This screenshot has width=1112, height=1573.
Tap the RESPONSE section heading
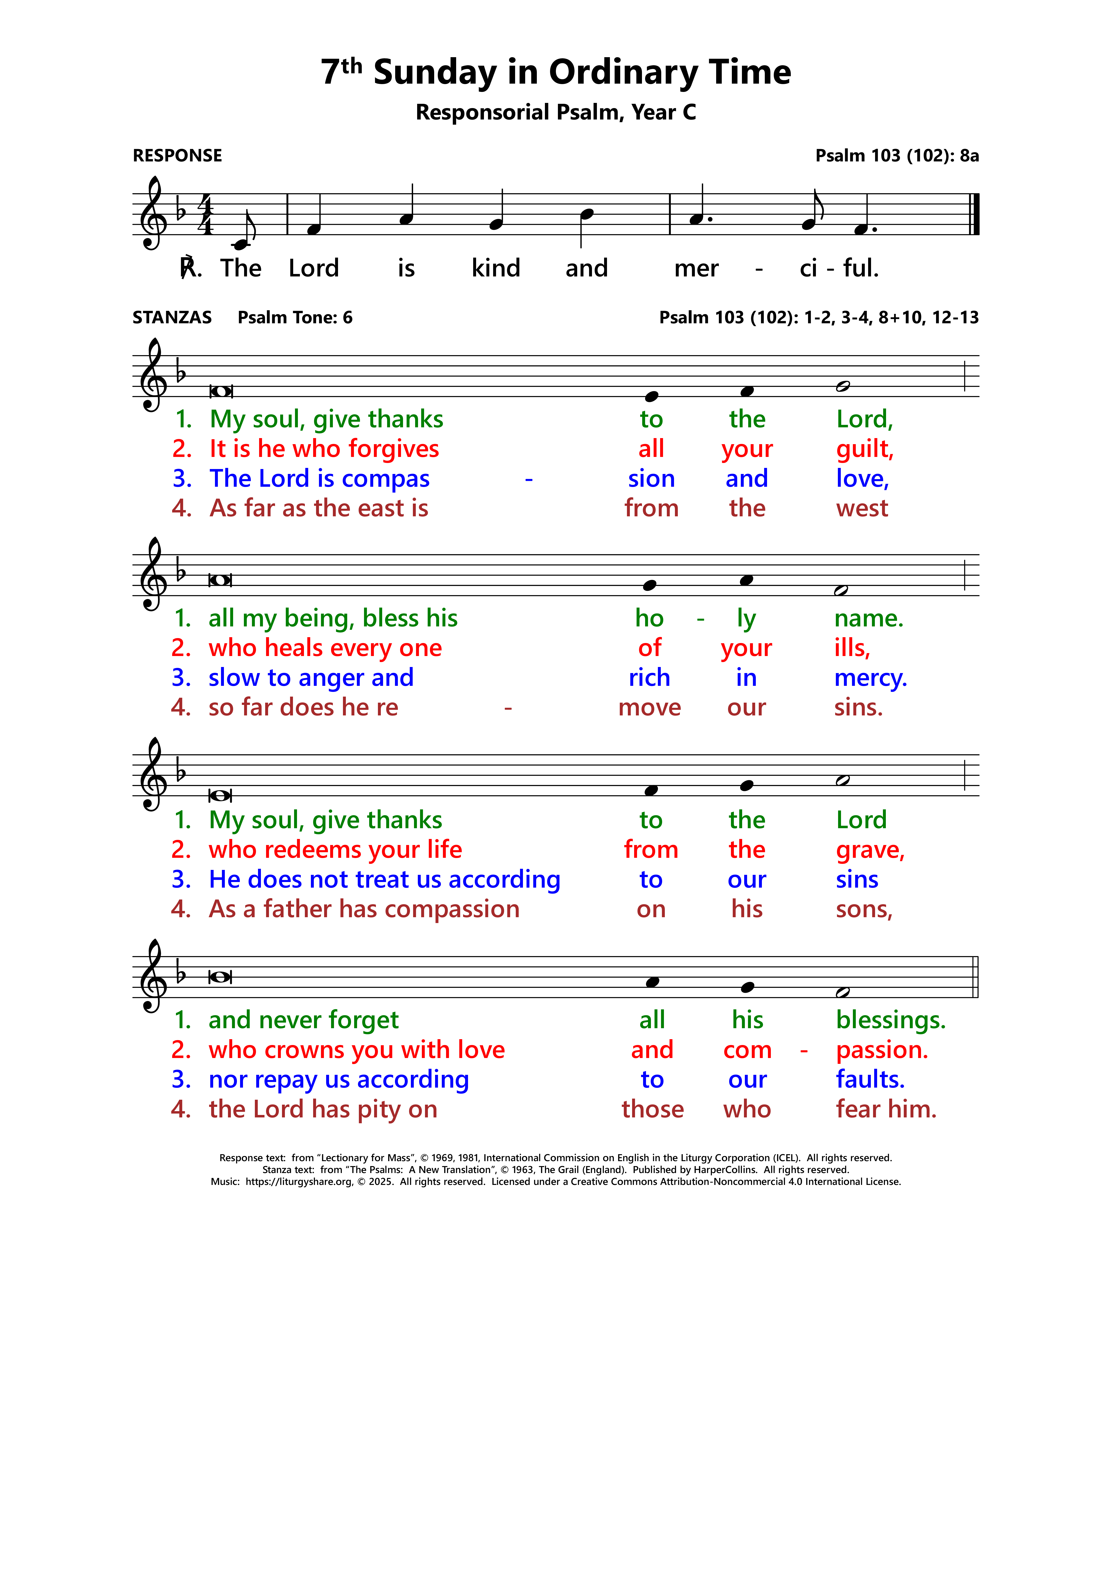178,156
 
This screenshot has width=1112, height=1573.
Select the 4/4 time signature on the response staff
206,214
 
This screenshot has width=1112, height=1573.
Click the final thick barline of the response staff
976,214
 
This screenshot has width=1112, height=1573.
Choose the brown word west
862,508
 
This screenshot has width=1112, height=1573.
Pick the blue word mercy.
870,678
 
